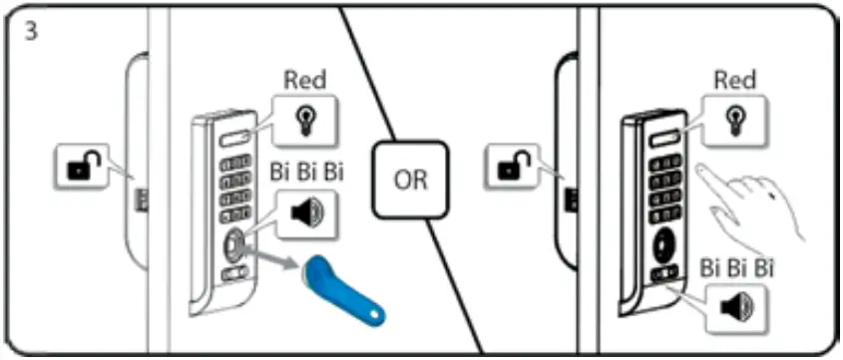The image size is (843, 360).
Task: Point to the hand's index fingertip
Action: tap(701, 169)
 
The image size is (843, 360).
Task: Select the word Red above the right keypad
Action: tap(736, 80)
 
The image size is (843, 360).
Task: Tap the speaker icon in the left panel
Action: tap(306, 212)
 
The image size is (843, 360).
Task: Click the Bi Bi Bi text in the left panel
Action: tap(307, 172)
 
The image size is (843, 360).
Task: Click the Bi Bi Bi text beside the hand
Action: tap(736, 267)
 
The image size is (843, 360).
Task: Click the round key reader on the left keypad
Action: tap(233, 242)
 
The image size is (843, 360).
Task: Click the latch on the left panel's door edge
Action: tap(142, 198)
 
